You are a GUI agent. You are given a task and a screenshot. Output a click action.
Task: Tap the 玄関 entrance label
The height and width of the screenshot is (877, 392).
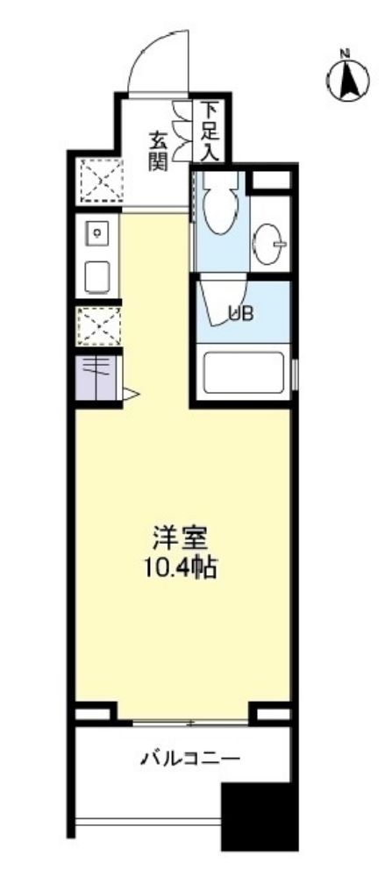click(158, 151)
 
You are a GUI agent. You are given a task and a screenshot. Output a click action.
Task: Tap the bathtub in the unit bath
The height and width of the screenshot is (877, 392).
click(243, 374)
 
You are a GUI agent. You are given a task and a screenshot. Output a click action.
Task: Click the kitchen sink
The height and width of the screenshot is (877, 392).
click(96, 234)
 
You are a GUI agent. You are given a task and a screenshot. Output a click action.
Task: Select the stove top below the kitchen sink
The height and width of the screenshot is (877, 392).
click(96, 277)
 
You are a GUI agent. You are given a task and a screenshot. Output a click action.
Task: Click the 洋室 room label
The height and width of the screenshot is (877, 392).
click(177, 534)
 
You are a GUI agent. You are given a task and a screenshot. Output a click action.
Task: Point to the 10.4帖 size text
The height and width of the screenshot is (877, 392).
click(179, 566)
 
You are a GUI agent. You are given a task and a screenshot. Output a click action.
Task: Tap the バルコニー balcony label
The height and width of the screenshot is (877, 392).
click(180, 758)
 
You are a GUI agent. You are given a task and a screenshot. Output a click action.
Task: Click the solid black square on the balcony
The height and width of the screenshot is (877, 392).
click(253, 816)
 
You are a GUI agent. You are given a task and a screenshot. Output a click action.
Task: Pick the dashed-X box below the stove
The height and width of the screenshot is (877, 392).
click(96, 327)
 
